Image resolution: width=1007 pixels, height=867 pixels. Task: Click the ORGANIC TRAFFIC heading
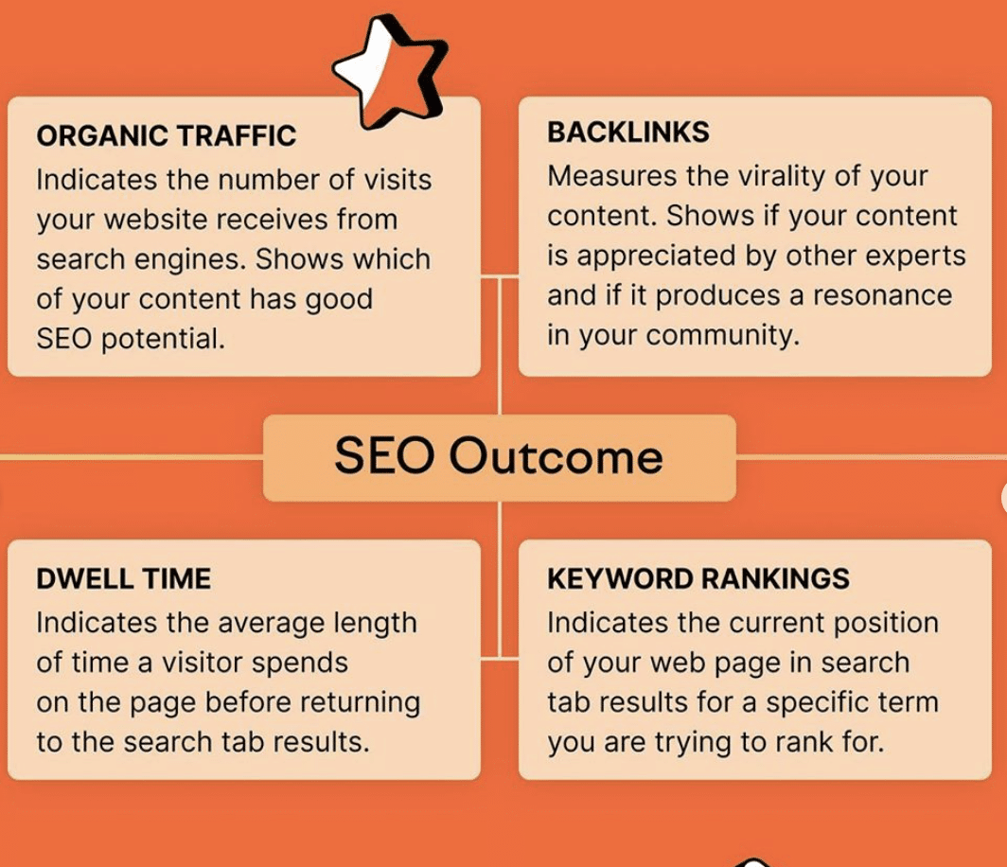pyautogui.click(x=167, y=136)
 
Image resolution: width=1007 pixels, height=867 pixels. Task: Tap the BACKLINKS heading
pyautogui.click(x=628, y=133)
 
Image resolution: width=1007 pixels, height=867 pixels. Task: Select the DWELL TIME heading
pyautogui.click(x=123, y=578)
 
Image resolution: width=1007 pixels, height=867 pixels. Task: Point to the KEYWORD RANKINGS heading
pyautogui.click(x=698, y=578)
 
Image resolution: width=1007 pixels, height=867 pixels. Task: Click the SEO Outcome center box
pyautogui.click(x=499, y=458)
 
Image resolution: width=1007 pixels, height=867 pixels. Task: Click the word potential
pyautogui.click(x=163, y=340)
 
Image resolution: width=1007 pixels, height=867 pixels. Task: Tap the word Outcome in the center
pyautogui.click(x=556, y=457)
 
